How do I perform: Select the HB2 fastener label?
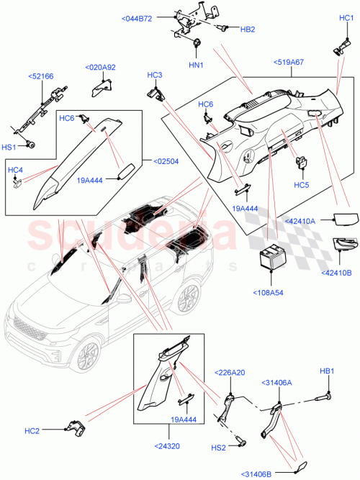point(247,30)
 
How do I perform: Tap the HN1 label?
point(195,65)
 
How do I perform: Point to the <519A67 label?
point(288,63)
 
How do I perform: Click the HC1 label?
point(346,17)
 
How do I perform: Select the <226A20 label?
point(230,373)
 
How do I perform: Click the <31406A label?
point(276,383)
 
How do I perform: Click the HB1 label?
point(328,371)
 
